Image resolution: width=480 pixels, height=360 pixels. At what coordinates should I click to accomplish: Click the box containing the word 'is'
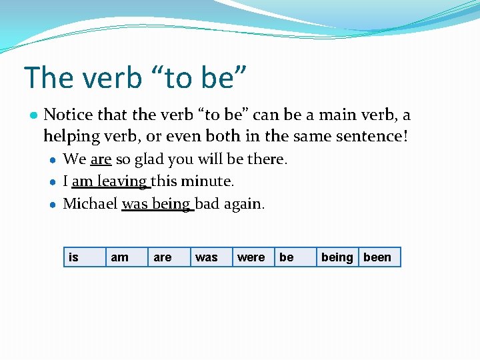pyautogui.click(x=83, y=257)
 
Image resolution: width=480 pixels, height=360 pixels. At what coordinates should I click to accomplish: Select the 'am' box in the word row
pyautogui.click(x=126, y=257)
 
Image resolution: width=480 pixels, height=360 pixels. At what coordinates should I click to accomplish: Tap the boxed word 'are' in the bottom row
pyautogui.click(x=168, y=257)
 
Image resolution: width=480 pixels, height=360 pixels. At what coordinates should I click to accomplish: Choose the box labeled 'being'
pyautogui.click(x=337, y=257)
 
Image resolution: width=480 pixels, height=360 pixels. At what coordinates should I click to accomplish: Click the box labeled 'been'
pyautogui.click(x=379, y=257)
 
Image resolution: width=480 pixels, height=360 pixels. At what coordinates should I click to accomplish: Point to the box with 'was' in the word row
pyautogui.click(x=210, y=257)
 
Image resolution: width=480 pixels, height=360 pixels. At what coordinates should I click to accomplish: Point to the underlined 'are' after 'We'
pyautogui.click(x=101, y=160)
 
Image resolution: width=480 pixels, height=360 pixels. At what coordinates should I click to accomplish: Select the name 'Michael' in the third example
pyautogui.click(x=90, y=203)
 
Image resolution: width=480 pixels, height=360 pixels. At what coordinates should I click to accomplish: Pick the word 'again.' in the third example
pyautogui.click(x=244, y=203)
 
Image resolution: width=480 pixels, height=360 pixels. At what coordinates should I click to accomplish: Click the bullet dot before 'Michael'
pyautogui.click(x=53, y=204)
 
